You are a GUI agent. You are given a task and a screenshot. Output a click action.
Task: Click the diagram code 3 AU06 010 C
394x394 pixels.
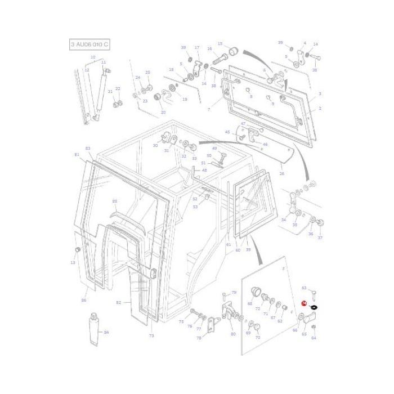pyautogui.click(x=89, y=44)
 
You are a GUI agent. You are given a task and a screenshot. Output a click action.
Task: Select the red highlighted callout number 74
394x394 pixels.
pyautogui.click(x=304, y=303)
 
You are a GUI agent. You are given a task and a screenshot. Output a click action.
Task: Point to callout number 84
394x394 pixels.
pyautogui.click(x=106, y=332)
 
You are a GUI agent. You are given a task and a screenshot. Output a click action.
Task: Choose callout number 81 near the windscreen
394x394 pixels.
pyautogui.click(x=77, y=154)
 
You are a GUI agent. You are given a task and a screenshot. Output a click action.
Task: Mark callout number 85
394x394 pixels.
pyautogui.click(x=115, y=201)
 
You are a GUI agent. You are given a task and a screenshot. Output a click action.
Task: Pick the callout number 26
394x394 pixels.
pyautogui.click(x=282, y=174)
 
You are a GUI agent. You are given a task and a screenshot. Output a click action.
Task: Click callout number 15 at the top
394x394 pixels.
pyautogui.click(x=220, y=44)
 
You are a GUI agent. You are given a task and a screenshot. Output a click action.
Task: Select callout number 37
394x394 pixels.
pyautogui.click(x=320, y=238)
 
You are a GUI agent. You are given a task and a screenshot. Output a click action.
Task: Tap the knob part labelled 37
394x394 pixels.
pyautogui.click(x=320, y=223)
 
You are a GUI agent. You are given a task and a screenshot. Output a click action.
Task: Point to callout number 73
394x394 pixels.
pyautogui.click(x=151, y=335)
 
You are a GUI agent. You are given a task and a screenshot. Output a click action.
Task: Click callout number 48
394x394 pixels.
pyautogui.click(x=204, y=170)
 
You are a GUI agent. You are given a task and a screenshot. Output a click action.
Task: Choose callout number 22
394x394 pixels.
pyautogui.click(x=118, y=89)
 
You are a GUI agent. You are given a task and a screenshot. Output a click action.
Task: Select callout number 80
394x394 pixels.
pyautogui.click(x=233, y=334)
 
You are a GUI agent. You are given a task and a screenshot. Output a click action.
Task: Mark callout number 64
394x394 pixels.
pyautogui.click(x=314, y=338)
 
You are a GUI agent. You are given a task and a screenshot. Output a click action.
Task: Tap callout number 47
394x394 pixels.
pyautogui.click(x=243, y=123)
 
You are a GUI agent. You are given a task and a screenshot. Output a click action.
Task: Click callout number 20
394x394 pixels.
pyautogui.click(x=163, y=112)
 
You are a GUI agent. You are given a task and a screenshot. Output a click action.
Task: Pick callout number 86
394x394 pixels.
pyautogui.click(x=84, y=301)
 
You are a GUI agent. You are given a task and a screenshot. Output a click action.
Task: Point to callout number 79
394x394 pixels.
pyautogui.click(x=234, y=292)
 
